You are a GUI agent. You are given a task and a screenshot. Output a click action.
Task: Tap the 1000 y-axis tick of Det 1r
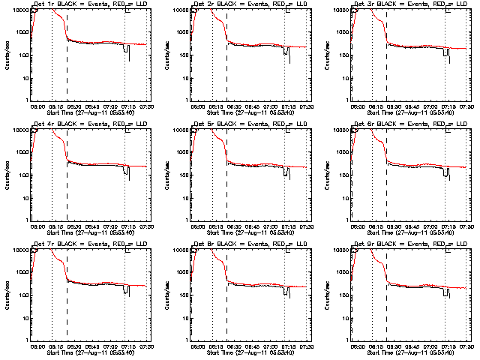[20, 32]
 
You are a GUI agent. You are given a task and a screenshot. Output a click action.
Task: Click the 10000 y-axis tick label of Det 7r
[18, 250]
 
